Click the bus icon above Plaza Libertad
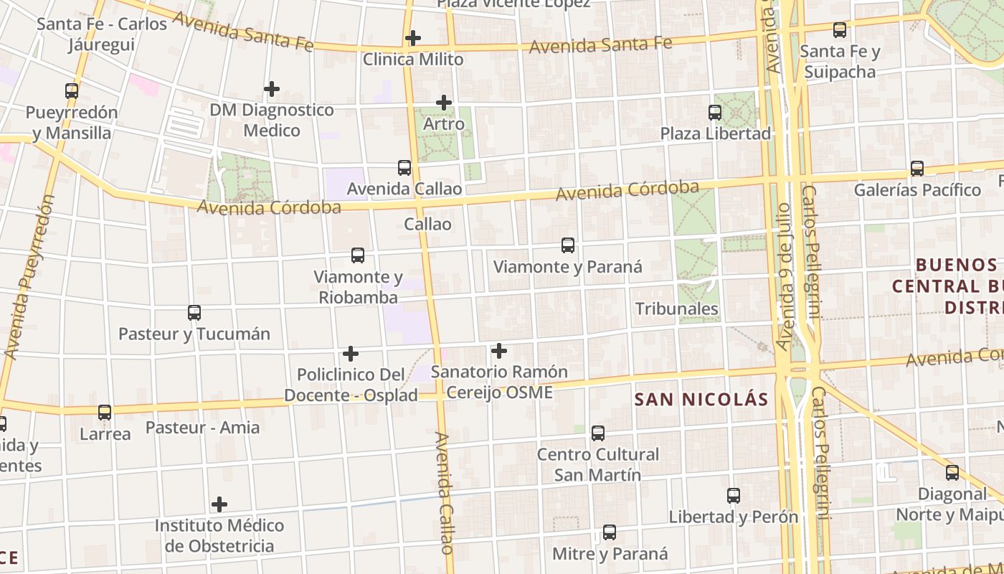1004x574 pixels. tap(715, 113)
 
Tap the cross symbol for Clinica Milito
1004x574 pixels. tap(413, 38)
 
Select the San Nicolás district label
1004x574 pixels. tap(701, 400)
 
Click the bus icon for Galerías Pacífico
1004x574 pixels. tap(917, 169)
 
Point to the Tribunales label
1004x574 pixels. tap(676, 309)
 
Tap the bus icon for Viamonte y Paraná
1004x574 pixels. tap(568, 245)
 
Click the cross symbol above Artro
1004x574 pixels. tap(444, 103)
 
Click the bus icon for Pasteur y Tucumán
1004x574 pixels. tap(194, 313)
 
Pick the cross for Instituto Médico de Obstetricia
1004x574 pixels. tap(219, 504)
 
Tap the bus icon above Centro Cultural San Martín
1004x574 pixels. tap(598, 433)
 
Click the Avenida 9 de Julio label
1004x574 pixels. tap(787, 276)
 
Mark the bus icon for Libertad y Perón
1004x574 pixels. tap(734, 496)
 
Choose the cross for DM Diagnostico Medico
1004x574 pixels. tap(272, 89)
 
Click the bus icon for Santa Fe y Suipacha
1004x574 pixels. tap(840, 30)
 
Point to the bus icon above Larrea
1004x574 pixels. tap(105, 413)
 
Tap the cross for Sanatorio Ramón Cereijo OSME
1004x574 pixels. tap(499, 351)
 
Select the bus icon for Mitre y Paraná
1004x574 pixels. tap(610, 532)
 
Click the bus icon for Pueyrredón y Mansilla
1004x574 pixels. tap(72, 91)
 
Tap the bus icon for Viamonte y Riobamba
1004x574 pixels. tap(358, 255)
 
